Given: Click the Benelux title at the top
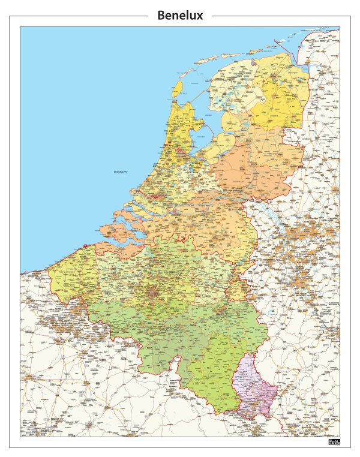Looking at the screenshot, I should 180,16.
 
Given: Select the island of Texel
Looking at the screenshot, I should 178,89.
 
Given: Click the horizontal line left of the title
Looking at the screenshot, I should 83,16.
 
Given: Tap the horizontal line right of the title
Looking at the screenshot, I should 275,16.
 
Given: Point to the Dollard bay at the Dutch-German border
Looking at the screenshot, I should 304,76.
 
